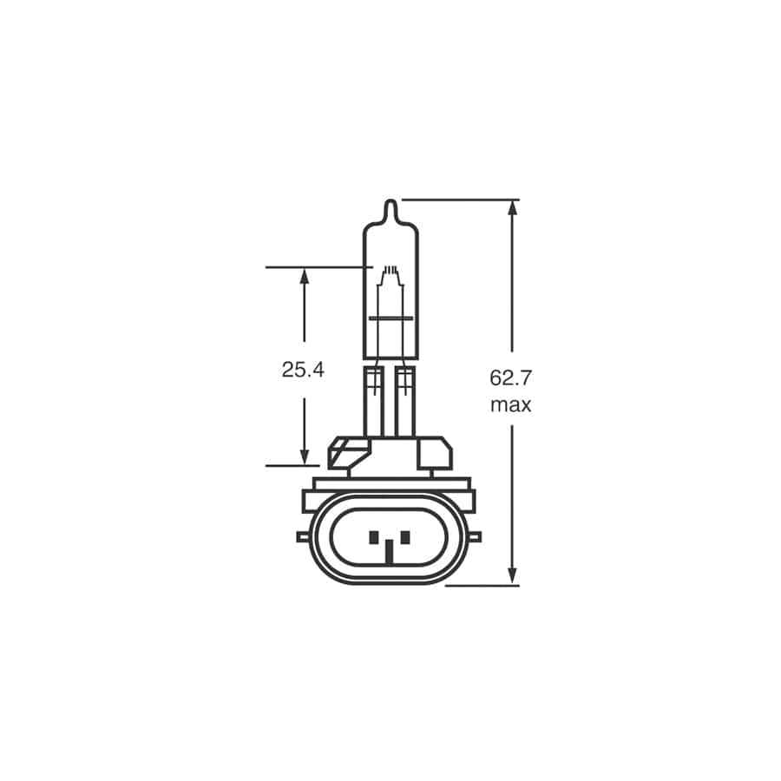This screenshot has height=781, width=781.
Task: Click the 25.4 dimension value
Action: click(x=303, y=370)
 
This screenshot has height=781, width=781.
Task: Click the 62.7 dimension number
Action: click(x=511, y=378)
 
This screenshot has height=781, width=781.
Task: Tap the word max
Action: click(x=511, y=405)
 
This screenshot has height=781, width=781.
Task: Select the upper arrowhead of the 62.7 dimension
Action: click(x=512, y=209)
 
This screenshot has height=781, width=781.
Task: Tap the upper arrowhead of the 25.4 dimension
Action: click(x=304, y=276)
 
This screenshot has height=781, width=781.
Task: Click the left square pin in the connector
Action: click(x=373, y=537)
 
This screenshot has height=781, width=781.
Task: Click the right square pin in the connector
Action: click(x=406, y=537)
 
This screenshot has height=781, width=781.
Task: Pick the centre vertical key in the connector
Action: click(x=390, y=549)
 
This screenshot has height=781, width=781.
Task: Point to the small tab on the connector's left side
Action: click(x=304, y=537)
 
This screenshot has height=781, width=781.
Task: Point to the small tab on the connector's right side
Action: click(x=476, y=537)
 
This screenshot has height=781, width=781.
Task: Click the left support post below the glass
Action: click(x=375, y=404)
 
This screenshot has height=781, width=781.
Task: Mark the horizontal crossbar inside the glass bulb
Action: click(x=390, y=319)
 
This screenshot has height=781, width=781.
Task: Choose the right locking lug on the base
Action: click(x=436, y=453)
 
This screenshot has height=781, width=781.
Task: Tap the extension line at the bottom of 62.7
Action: click(x=482, y=585)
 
